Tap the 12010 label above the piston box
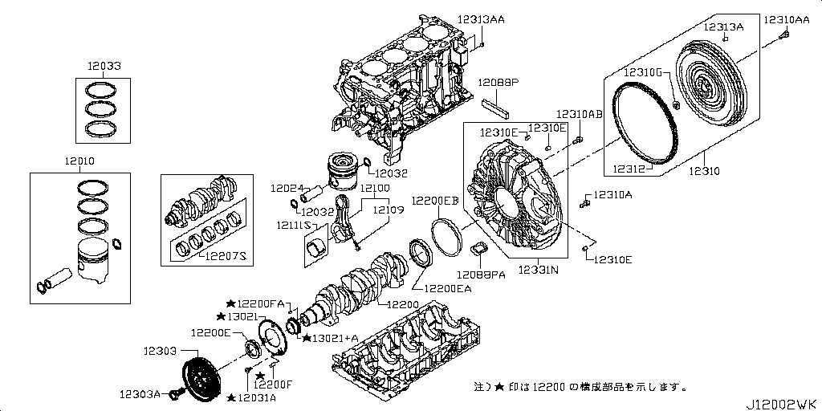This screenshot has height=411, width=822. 80,161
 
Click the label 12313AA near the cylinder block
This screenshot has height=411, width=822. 482,20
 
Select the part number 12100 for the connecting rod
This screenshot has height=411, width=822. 374,189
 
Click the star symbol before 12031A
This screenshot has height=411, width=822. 231,397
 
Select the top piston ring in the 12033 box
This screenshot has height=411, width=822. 105,88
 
